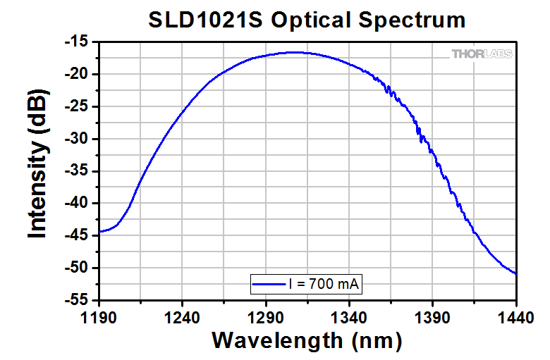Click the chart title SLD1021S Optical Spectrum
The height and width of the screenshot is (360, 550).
pyautogui.click(x=307, y=20)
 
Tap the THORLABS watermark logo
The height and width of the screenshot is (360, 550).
pyautogui.click(x=482, y=54)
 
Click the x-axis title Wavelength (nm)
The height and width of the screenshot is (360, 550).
pyautogui.click(x=307, y=341)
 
